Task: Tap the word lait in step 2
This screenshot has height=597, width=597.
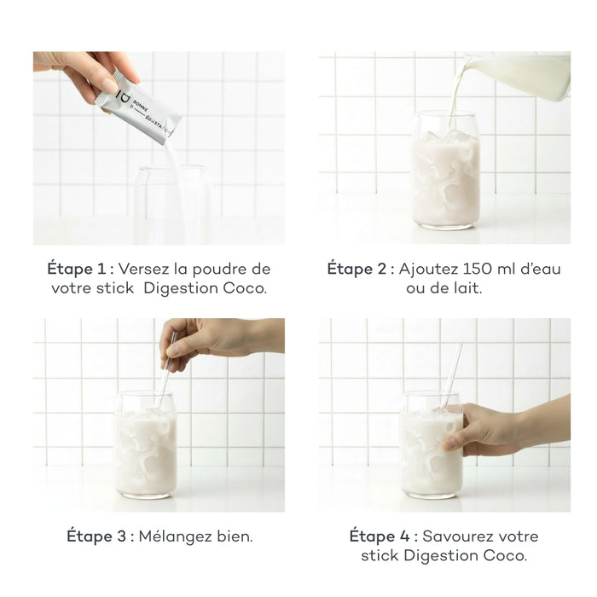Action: pyautogui.click(x=467, y=289)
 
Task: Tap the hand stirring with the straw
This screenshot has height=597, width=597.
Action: pyautogui.click(x=213, y=338)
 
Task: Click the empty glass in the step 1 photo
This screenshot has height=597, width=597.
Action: pyautogui.click(x=171, y=205)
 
